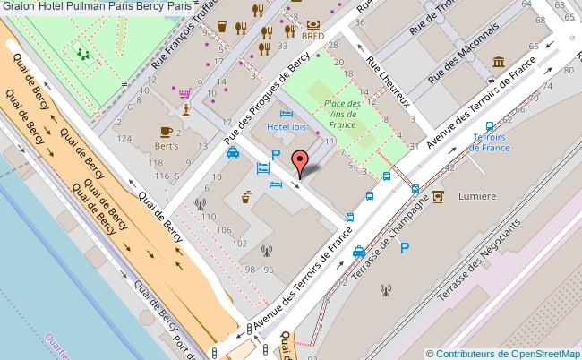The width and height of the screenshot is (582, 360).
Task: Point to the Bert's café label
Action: pyautogui.click(x=167, y=145)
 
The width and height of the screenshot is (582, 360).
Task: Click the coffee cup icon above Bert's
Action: pyautogui.click(x=166, y=131)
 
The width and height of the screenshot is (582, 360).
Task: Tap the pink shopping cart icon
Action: pyautogui.click(x=184, y=91)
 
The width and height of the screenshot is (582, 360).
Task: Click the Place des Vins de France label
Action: pyautogui.click(x=342, y=114)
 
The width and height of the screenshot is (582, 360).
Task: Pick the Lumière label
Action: pyautogui.click(x=476, y=195)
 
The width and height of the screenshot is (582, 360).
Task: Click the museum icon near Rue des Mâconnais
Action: pyautogui.click(x=498, y=62)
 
